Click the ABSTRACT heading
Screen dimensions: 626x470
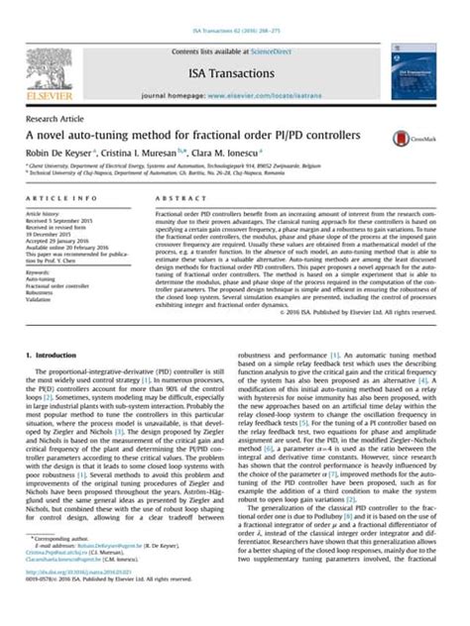pyautogui.click(x=176, y=199)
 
